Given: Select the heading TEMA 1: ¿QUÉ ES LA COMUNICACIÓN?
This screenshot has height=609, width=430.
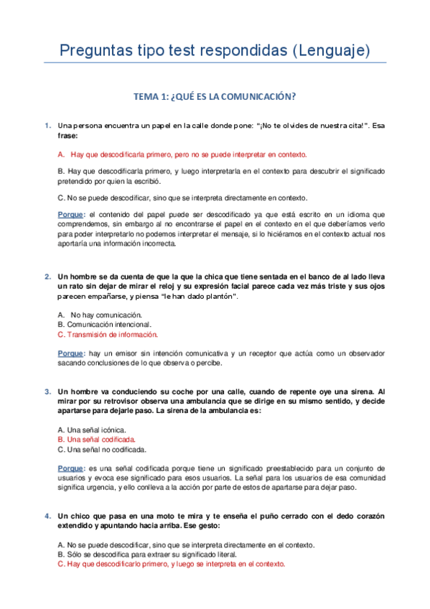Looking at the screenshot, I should click(215, 96).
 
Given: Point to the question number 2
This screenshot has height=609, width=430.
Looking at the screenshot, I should click(47, 276).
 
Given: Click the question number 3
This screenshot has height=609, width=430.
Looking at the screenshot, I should click(47, 392).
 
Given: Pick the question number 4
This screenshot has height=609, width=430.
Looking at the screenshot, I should click(47, 516).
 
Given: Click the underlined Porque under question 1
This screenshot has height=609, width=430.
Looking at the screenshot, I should click(70, 215).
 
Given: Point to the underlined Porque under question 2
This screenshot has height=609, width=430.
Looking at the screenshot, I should click(70, 353).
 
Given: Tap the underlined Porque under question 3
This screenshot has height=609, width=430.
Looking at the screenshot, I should click(70, 468).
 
